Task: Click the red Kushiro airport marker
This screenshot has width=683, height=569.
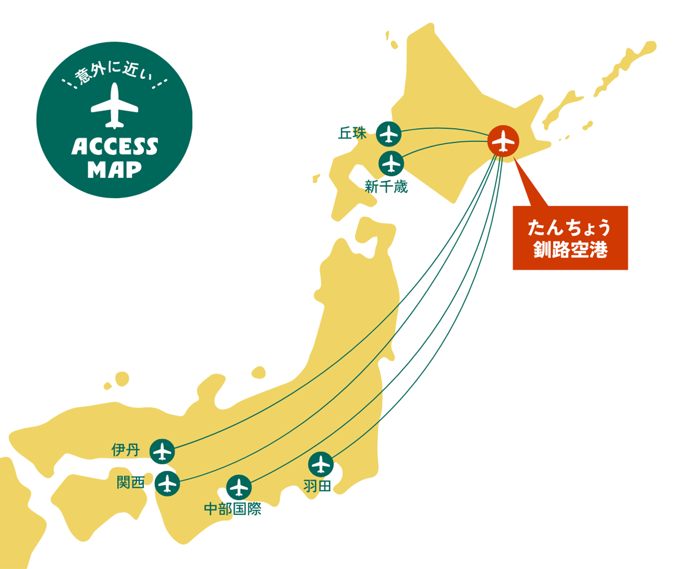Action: pos(503,141)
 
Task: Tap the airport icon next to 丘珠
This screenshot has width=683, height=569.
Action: pos(389,134)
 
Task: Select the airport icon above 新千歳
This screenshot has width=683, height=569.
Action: pos(392,164)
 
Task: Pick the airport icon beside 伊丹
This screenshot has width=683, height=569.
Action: pos(162,451)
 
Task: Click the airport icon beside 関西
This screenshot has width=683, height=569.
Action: pos(167,484)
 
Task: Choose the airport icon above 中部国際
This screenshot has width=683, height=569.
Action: pos(239,487)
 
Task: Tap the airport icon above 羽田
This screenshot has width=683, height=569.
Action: pos(321,464)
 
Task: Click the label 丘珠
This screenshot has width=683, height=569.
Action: pos(352,133)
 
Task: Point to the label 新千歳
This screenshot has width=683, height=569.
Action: pos(386,187)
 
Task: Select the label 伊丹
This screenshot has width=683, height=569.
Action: pos(126,450)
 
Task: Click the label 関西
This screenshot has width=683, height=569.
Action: pos(130,483)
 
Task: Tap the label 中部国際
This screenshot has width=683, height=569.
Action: pos(232,509)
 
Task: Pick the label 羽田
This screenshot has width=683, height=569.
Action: pos(317,486)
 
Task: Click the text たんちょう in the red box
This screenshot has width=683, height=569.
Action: pos(570,228)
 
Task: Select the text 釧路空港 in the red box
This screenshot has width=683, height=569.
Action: pos(570,250)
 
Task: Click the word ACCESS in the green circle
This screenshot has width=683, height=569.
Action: pos(114,147)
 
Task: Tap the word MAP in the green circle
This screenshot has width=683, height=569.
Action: pos(114,170)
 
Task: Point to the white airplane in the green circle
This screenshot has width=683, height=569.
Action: pos(114,106)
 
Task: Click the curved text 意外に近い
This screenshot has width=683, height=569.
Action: pos(114,72)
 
